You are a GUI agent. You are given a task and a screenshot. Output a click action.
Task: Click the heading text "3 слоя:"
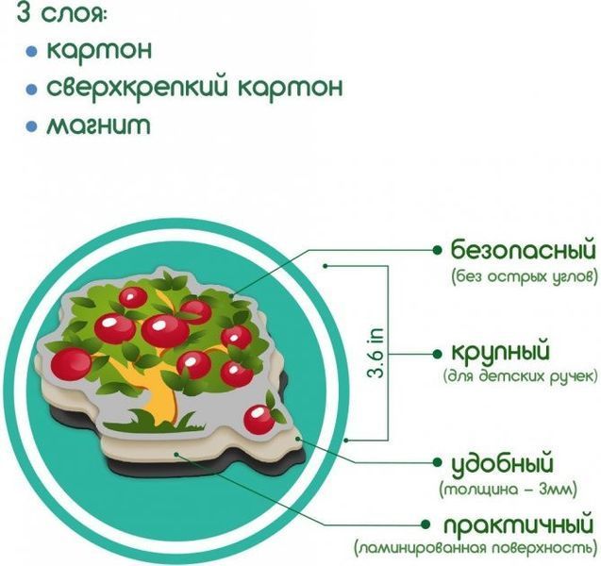point(60,14)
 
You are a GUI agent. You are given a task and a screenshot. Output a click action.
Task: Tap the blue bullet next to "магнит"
point(31,126)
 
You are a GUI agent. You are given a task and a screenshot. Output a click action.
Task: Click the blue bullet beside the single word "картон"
point(31,51)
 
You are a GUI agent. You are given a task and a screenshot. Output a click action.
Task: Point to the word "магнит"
point(98,126)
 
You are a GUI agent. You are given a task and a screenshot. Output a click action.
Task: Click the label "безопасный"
point(524,251)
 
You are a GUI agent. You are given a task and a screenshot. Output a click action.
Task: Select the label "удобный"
point(502,463)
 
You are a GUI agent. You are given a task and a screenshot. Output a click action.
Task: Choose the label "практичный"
point(519,524)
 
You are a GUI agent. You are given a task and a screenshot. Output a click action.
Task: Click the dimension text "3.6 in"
point(376,353)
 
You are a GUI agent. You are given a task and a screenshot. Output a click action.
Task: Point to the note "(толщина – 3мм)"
point(508,490)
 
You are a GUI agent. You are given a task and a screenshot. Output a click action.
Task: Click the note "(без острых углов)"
point(525,275)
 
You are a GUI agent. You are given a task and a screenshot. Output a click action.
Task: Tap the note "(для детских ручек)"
point(520,376)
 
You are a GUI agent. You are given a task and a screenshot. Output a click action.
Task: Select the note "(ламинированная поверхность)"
point(476,548)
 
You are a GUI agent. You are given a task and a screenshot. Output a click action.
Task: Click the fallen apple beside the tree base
point(259,420)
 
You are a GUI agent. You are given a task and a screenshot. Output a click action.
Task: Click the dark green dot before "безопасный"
point(436,250)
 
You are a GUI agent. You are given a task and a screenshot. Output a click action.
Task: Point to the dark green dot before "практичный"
point(426,524)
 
